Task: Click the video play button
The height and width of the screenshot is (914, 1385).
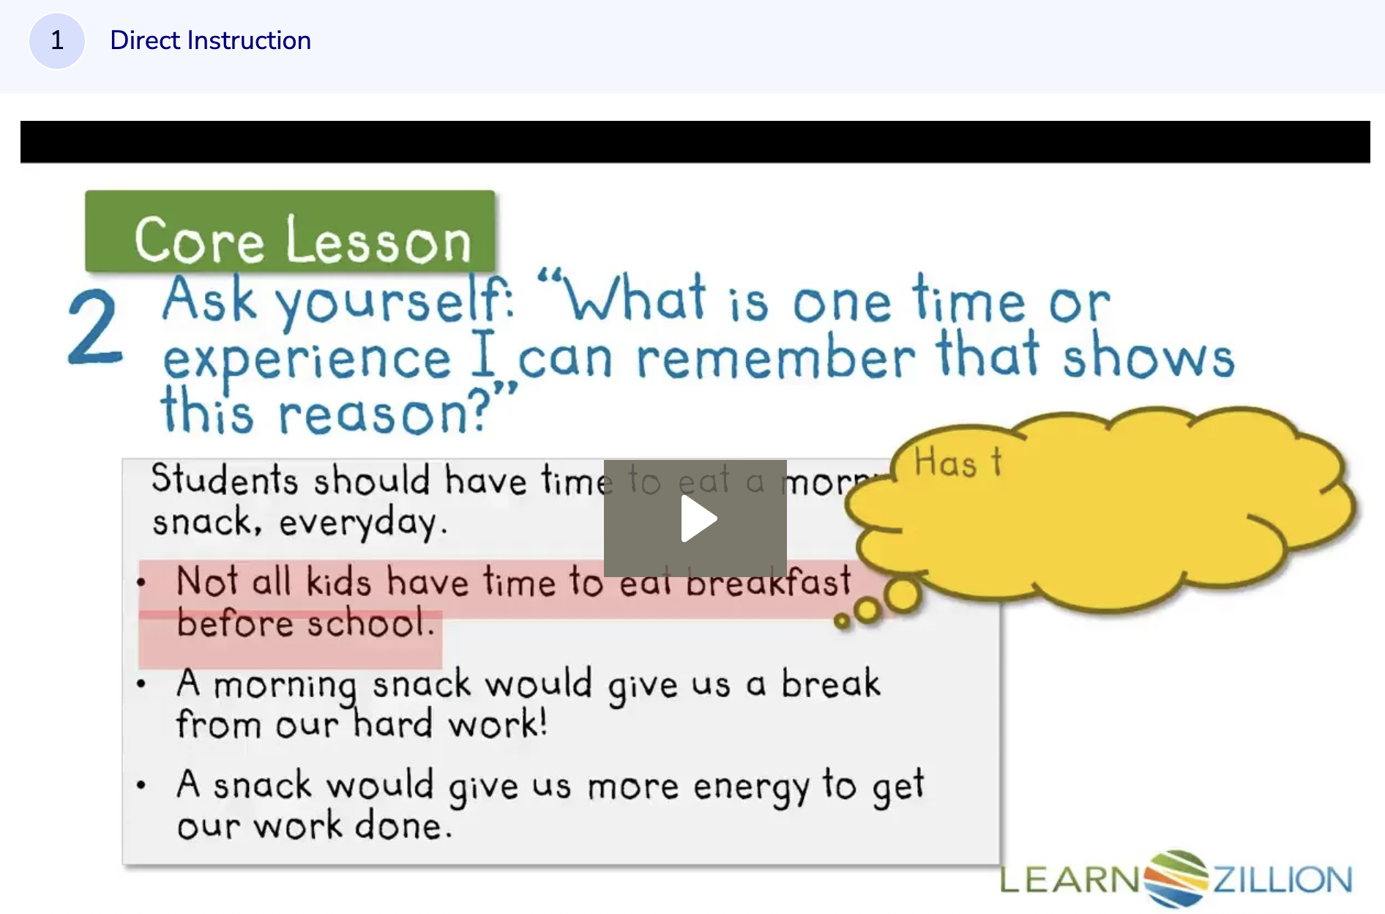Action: click(x=695, y=519)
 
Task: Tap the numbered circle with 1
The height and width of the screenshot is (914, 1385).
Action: click(x=57, y=40)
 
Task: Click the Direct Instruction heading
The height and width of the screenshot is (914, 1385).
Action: click(x=210, y=40)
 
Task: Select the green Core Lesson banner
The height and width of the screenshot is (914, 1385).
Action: click(x=290, y=232)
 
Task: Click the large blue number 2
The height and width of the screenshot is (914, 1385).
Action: click(x=95, y=327)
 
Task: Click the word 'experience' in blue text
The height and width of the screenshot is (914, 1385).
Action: click(x=307, y=360)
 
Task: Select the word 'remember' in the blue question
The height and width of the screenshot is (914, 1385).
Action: click(x=776, y=358)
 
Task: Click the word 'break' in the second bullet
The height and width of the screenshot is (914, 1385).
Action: click(x=831, y=683)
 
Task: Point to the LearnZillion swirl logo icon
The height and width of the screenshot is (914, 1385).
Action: click(x=1176, y=878)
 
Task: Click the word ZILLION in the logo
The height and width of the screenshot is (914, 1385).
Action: click(x=1283, y=880)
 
